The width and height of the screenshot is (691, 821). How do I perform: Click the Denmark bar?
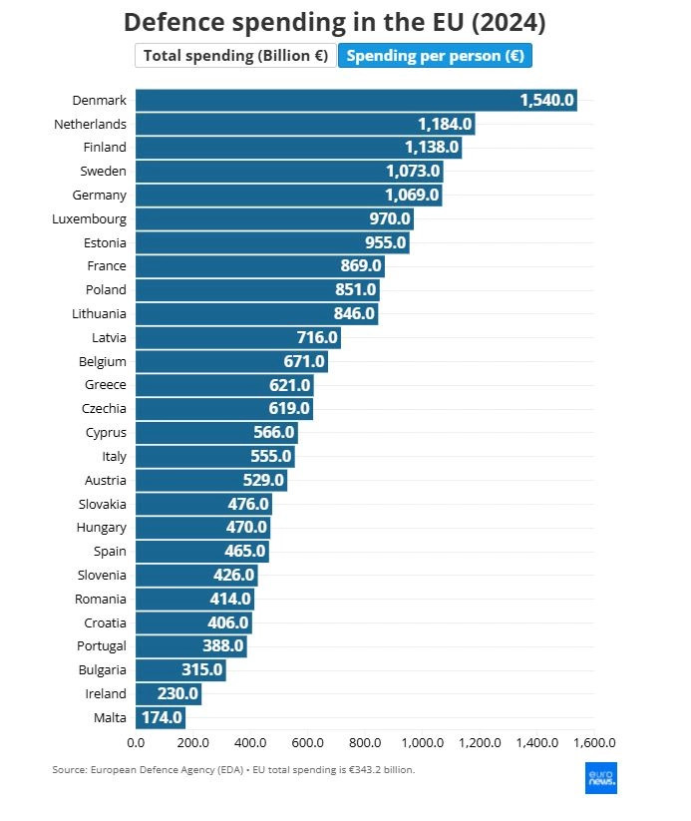coord(355,100)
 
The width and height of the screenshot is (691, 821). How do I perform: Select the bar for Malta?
coord(160,717)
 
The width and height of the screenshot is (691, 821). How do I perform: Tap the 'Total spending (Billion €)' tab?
coord(235,56)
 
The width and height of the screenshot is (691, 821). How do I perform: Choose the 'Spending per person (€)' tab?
coord(435,56)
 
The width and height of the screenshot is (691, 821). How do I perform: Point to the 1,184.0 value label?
coord(444,124)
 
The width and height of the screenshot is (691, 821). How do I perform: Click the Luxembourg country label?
coord(89,218)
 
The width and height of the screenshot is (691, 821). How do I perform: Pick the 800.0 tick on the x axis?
coord(365,743)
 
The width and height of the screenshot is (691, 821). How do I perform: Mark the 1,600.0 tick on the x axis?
coord(594,743)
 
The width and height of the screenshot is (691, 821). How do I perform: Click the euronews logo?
coord(600,778)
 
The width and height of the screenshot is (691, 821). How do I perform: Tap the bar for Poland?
coord(256,289)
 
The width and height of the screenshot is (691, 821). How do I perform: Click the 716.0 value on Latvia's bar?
coord(317,337)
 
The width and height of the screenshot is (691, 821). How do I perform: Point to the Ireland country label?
coord(105,693)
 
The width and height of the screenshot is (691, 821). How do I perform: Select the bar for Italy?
coord(214,456)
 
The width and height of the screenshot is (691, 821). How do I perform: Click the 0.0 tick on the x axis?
coord(136,743)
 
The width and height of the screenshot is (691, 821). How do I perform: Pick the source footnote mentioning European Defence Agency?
coord(233,770)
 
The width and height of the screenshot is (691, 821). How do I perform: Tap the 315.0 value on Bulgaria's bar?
coord(201,669)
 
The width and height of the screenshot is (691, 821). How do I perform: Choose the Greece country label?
coord(105,384)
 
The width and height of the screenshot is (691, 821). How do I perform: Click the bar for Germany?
coord(287,195)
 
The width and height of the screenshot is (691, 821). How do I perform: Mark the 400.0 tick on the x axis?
coord(250,743)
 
